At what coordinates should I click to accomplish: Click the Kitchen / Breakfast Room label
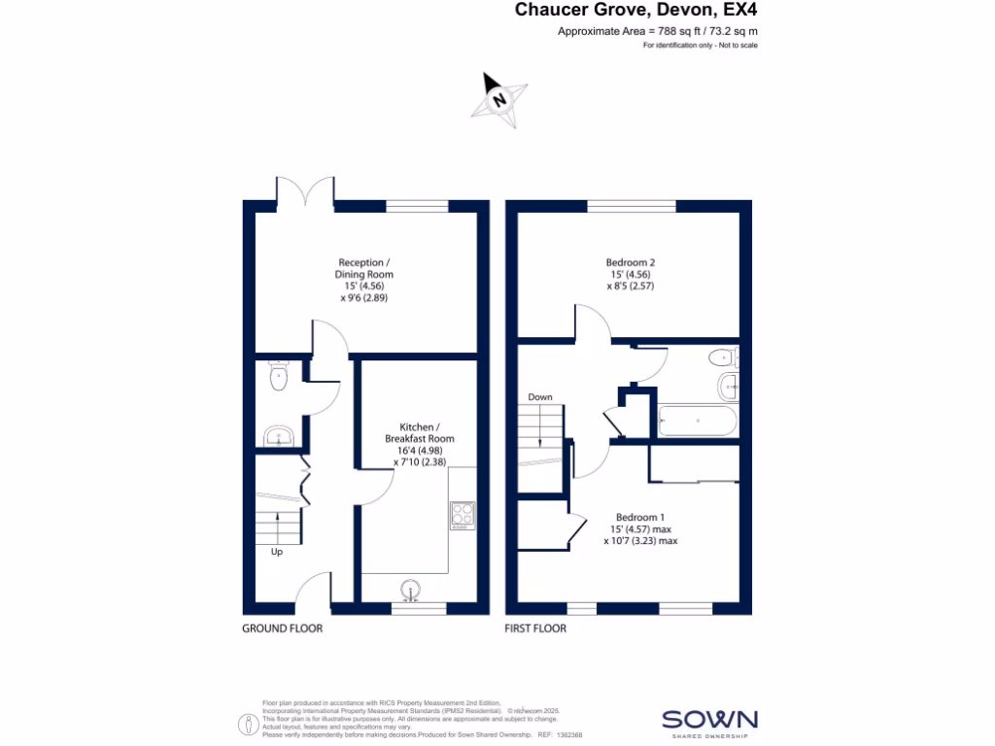coord(426,445)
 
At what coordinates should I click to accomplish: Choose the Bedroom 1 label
coord(640,528)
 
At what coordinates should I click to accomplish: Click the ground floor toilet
coord(279,376)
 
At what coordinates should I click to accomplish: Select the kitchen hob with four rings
coord(463,513)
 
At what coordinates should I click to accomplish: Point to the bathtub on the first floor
coord(697,423)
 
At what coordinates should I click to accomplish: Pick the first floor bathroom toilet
coord(724,357)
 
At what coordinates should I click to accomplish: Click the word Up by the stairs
coord(277,552)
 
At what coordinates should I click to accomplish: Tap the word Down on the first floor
coord(540,397)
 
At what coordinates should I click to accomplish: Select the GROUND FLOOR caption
coord(282,628)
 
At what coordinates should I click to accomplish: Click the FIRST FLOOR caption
coord(535,628)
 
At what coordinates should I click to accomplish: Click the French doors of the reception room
coord(306,190)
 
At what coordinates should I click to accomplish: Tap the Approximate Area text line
coord(657,31)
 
